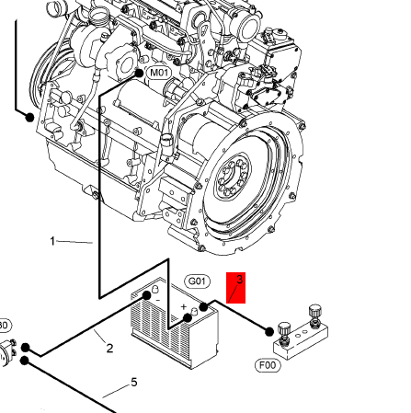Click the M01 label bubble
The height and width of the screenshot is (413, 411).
[x=159, y=73]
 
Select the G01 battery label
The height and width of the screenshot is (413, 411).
[x=197, y=281]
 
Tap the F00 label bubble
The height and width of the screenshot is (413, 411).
[x=268, y=365]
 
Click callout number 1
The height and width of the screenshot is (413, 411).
[x=52, y=241]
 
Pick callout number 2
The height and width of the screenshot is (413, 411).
[x=109, y=349]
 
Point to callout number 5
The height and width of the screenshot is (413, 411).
[x=134, y=383]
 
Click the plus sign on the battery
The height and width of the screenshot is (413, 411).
[x=184, y=306]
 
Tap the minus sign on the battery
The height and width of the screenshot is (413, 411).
[x=158, y=300]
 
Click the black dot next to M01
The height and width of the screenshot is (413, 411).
[x=139, y=74]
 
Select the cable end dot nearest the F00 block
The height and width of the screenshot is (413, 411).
[x=269, y=332]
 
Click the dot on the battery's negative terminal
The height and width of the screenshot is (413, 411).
[x=147, y=295]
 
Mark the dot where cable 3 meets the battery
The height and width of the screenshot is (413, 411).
[x=203, y=306]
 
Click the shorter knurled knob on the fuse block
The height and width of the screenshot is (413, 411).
[x=284, y=329]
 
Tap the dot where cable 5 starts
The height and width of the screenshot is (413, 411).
[x=25, y=361]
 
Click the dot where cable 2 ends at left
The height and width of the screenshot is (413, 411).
[x=26, y=348]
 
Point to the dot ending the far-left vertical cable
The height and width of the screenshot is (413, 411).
[x=29, y=117]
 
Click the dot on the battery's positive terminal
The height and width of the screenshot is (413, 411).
[x=188, y=318]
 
